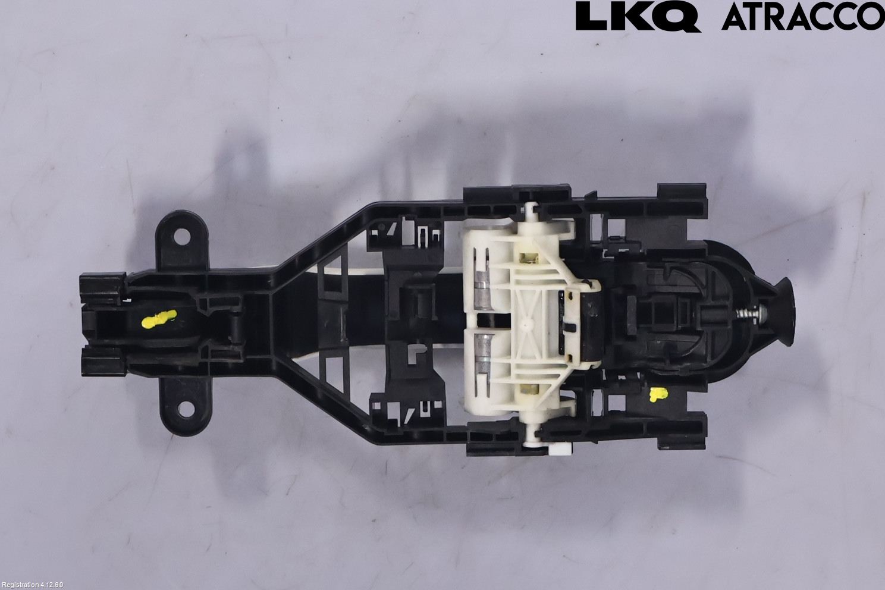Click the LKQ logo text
[x=638, y=16]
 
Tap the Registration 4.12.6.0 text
[x=32, y=585]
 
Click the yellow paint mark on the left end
[x=159, y=318]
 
